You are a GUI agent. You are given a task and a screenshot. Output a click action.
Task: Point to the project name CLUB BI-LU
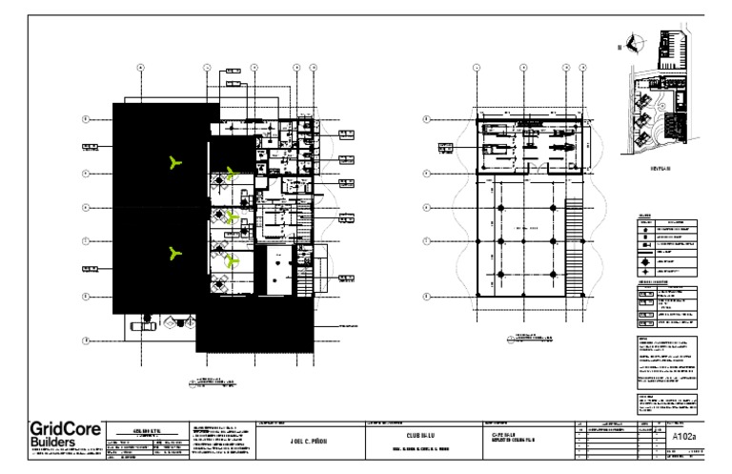pyautogui.click(x=420, y=437)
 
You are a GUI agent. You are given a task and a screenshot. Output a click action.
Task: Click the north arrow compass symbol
pyautogui.click(x=637, y=43)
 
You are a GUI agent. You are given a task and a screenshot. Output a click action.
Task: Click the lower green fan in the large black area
pyautogui.click(x=173, y=253)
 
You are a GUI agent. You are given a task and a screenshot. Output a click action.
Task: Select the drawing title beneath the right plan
pyautogui.click(x=531, y=337)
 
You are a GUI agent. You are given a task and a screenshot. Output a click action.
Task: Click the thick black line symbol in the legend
pyautogui.click(x=646, y=245)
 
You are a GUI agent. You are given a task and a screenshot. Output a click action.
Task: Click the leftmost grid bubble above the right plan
pyautogui.click(x=476, y=68)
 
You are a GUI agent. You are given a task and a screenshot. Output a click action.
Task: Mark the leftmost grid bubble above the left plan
pyautogui.click(x=141, y=68)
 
